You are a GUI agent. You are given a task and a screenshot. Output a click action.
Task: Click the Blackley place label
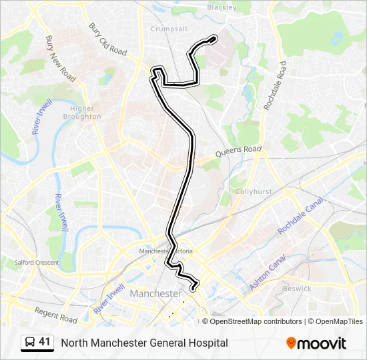(x=222, y=7)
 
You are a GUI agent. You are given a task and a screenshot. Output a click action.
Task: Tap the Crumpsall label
(x=168, y=29)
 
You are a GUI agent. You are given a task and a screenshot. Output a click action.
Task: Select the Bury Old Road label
(x=107, y=40)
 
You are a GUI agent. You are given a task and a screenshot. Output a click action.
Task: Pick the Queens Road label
(x=238, y=152)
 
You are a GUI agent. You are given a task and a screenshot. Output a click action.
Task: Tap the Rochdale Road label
(x=274, y=85)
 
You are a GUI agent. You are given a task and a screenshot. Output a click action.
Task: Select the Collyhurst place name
(x=254, y=191)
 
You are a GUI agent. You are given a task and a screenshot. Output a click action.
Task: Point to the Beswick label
(x=297, y=289)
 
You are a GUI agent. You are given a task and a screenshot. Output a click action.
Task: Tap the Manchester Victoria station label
(x=165, y=251)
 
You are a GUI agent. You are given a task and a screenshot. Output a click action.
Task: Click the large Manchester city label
(x=155, y=293)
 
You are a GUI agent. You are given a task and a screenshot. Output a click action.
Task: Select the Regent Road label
(x=57, y=314)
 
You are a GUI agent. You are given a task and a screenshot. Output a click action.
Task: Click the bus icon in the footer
(x=30, y=343)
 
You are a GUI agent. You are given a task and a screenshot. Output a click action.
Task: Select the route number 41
(x=45, y=342)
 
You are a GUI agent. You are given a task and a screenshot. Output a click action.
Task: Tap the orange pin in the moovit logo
(x=291, y=343)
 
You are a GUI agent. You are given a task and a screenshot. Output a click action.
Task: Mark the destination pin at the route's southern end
(x=194, y=287)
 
